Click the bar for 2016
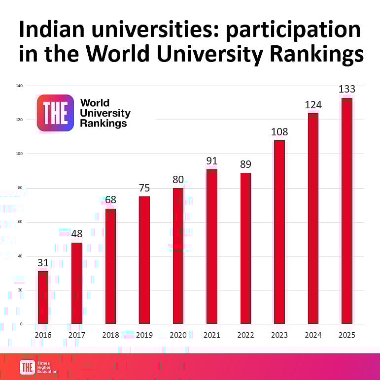pos(43,297)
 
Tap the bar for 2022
pos(245,248)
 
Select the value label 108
pos(279,132)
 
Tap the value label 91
pos(212,161)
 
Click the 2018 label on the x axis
pos(110,335)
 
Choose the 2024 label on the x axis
pos(313,335)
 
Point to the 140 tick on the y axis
pos(20,86)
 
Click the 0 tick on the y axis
pos(22,324)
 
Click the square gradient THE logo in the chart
pos(55,113)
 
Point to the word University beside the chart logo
pos(105,113)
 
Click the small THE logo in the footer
pos(27,367)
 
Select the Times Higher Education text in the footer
pos(47,367)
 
